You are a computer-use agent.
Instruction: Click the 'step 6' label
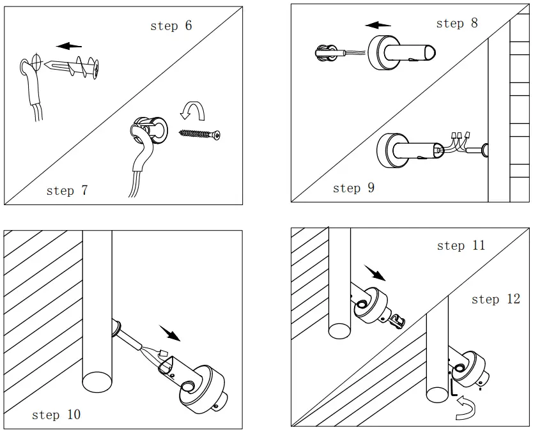(171, 26)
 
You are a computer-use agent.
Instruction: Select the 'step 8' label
(456, 24)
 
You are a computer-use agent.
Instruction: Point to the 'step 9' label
(353, 188)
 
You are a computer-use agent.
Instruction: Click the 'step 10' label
(56, 415)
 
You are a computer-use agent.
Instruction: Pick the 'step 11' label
(460, 246)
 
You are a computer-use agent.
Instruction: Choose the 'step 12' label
(495, 300)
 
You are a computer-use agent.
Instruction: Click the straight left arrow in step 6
(68, 46)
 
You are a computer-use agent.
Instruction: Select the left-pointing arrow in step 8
(378, 25)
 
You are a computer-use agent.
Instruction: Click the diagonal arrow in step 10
(170, 333)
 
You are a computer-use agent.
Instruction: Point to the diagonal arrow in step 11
(376, 273)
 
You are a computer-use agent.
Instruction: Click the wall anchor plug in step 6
(74, 65)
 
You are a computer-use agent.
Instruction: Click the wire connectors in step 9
(460, 135)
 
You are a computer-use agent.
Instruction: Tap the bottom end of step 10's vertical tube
(97, 381)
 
